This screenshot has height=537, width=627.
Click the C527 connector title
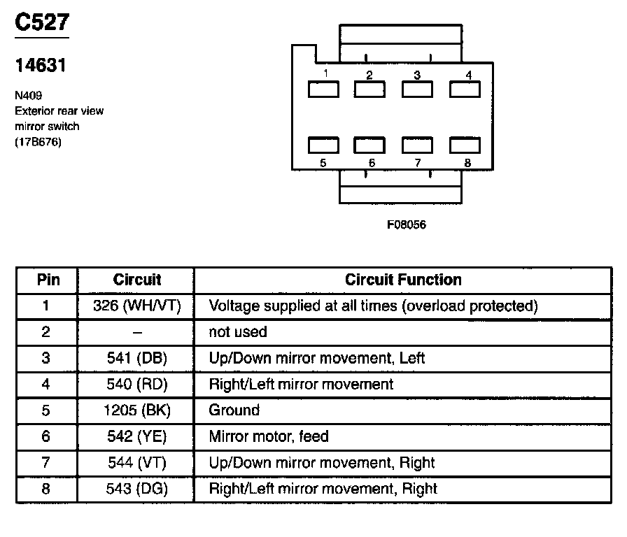42,22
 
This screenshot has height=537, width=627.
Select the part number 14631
41,66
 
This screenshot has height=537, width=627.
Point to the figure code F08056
407,225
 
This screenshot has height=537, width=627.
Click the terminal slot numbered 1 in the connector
324,89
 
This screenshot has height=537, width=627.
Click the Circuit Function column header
403,280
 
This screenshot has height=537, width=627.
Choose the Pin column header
48,280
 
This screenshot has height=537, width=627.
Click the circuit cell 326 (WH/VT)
136,306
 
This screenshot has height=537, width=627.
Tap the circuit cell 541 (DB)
136,358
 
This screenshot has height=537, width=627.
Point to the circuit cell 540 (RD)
136,384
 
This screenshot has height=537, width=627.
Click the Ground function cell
234,410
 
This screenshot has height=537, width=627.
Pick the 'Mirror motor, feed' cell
269,436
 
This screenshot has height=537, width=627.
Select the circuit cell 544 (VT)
136,463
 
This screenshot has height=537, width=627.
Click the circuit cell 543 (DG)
136,489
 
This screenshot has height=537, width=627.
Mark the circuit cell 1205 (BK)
136,410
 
